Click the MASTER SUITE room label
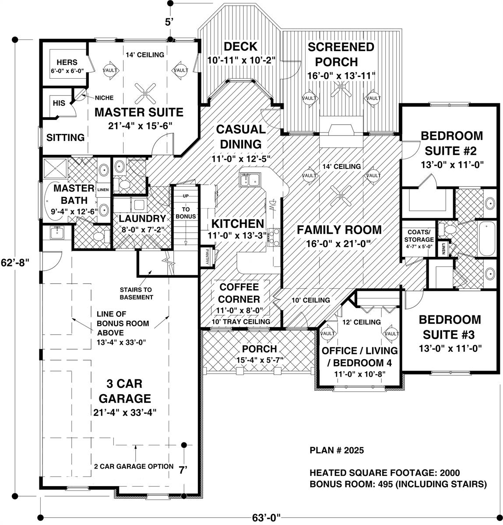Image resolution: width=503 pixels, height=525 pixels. pyautogui.click(x=139, y=112)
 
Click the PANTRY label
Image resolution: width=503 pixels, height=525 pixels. pyautogui.click(x=205, y=257)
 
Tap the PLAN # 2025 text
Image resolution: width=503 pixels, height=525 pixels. pyautogui.click(x=336, y=450)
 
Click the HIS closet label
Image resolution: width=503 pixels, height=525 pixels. pyautogui.click(x=59, y=103)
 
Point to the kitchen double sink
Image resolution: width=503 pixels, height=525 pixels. pyautogui.click(x=250, y=179)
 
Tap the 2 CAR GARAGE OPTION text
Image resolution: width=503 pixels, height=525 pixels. pyautogui.click(x=134, y=466)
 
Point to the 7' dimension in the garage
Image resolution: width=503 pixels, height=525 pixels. pyautogui.click(x=183, y=470)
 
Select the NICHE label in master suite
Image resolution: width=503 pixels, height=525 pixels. pyautogui.click(x=104, y=98)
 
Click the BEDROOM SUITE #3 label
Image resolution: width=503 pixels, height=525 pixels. pyautogui.click(x=450, y=327)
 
